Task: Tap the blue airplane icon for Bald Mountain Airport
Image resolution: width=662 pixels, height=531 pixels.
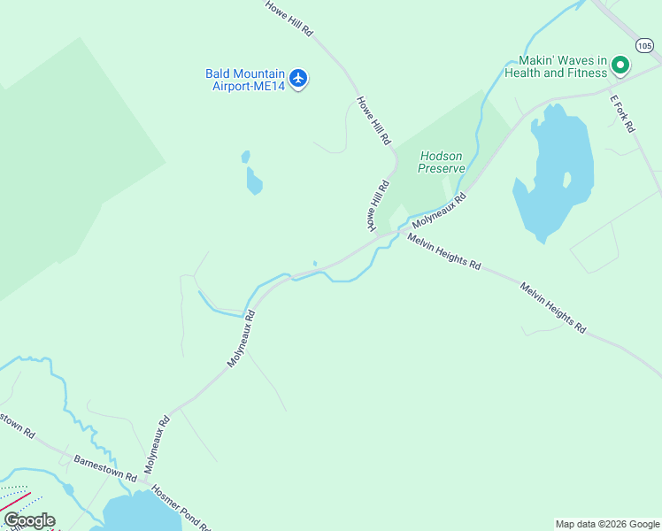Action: point(298,79)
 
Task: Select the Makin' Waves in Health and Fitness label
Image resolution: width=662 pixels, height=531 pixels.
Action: point(556,66)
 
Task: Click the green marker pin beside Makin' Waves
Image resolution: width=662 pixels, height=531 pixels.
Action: point(620,65)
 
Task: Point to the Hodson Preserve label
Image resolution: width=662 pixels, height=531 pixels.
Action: point(442,162)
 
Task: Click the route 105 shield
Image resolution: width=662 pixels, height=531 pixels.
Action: point(644,44)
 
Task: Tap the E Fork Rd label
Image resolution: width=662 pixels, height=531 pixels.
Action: point(623,114)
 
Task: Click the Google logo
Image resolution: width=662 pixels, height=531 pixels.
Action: point(29,520)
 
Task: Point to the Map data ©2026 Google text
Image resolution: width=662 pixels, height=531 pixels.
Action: point(606,524)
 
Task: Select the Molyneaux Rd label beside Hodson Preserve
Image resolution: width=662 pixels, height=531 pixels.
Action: point(439,210)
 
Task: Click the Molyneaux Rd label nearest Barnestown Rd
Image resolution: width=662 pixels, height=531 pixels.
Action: point(156,443)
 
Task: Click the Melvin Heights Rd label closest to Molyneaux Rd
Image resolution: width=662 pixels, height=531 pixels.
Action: point(444,252)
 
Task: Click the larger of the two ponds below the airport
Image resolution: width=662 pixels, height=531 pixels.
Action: point(254,182)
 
